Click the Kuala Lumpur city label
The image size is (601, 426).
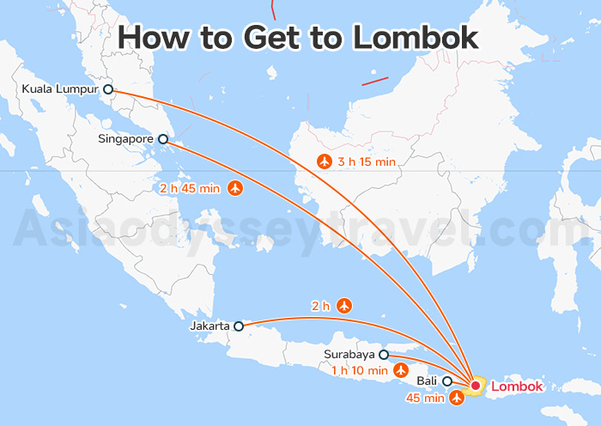61,89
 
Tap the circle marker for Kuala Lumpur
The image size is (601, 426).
108,89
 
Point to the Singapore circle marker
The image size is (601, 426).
163,138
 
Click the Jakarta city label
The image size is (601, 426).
209,326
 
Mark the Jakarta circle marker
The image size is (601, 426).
239,326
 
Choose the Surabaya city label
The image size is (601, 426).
349,354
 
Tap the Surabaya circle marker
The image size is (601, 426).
384,354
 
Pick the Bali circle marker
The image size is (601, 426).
447,380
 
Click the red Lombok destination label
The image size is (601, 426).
517,386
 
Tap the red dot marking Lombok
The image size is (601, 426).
475,386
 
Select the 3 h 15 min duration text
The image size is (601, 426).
367,161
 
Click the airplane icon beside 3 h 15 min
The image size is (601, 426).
325,161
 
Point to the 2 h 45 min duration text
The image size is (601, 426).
190,187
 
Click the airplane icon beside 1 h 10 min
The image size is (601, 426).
400,370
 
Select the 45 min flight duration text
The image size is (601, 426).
425,398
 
